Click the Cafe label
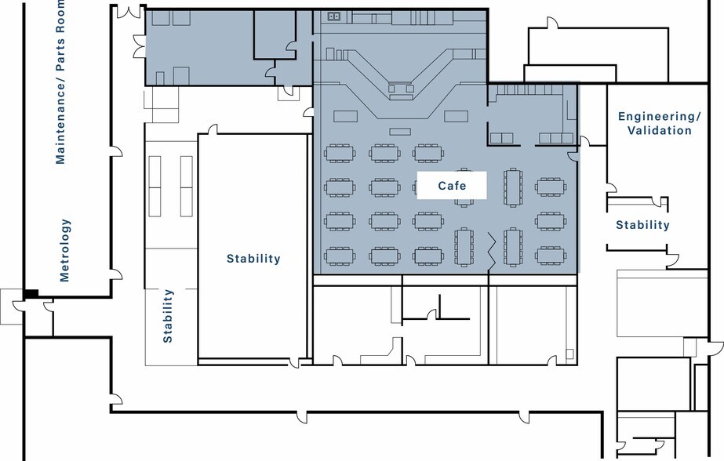coord(452,186)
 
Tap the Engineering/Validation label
coord(660,123)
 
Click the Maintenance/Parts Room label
coord(60,82)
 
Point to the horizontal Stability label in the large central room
coord(253,259)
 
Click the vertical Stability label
coord(168,316)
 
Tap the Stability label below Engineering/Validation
coord(642,225)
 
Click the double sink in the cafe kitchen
coord(334,16)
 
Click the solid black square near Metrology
coord(31,293)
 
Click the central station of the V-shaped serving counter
coord(400,90)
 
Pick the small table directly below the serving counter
coord(400,132)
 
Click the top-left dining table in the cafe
coord(340,153)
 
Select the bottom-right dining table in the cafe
coord(551,256)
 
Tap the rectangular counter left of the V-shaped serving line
coord(345,116)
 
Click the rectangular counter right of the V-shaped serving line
coord(457,116)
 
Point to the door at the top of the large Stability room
coord(212,129)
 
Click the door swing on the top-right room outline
coord(552,23)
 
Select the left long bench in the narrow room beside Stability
coord(155,186)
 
